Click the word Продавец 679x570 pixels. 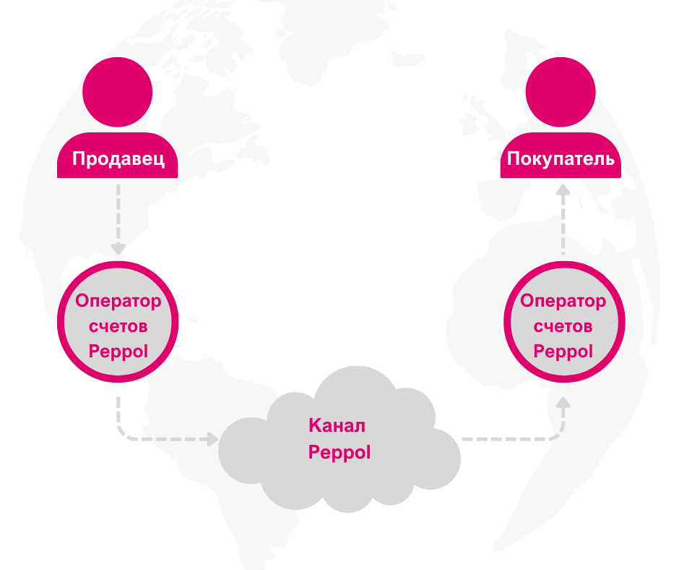coord(118,158)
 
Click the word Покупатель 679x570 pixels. coord(561,158)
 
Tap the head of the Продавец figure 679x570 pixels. coord(117,92)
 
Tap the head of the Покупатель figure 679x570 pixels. coord(561,92)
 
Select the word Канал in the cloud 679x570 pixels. coord(337,425)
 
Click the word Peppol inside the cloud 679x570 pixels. coord(339,452)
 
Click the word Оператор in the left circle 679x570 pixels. coord(118,301)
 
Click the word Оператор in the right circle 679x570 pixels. coord(563,301)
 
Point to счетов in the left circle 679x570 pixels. coord(118,326)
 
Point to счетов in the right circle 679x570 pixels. coord(563,326)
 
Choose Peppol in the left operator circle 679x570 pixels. coord(118,351)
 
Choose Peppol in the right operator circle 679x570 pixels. coord(563,351)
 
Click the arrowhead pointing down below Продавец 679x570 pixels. coord(118,249)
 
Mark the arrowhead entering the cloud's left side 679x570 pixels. coord(212,439)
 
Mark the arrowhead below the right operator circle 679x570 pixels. coord(563,402)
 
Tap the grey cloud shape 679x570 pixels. coord(339,439)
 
